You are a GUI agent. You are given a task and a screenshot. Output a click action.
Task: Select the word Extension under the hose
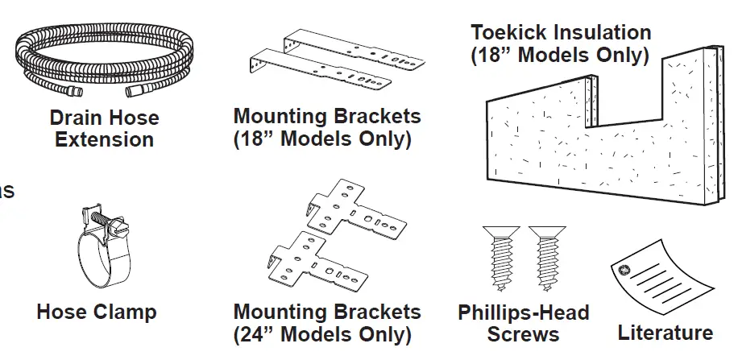(104, 140)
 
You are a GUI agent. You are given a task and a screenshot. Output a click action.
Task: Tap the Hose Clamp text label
(97, 312)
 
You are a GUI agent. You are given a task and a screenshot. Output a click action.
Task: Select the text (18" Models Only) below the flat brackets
(322, 139)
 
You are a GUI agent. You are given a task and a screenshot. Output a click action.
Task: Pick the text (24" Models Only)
(322, 334)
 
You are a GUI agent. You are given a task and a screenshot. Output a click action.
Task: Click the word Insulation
(606, 33)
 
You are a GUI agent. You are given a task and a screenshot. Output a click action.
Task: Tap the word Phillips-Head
(524, 313)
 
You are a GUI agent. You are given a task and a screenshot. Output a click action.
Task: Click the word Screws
(524, 334)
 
